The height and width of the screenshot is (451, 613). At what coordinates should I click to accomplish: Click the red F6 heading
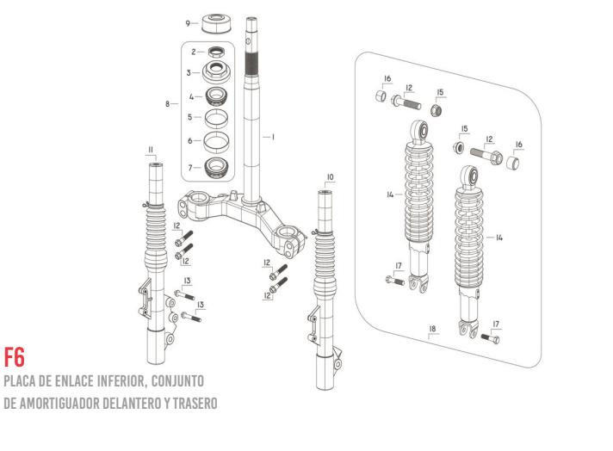(15, 356)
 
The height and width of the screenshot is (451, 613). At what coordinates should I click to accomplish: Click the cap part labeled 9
(216, 23)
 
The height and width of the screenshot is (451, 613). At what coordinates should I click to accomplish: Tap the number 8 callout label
(167, 104)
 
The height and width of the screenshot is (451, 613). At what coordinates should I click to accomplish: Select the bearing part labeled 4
(216, 96)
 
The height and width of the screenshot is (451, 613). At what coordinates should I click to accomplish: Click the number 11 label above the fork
(151, 150)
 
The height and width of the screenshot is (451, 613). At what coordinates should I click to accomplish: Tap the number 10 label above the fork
(331, 177)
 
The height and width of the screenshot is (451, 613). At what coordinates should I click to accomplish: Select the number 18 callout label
(432, 329)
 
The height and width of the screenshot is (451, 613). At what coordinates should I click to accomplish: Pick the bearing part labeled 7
(216, 168)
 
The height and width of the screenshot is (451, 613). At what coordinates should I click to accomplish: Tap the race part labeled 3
(216, 72)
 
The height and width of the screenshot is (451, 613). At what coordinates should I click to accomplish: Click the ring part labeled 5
(216, 119)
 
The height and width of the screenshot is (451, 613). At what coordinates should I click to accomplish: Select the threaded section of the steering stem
(251, 64)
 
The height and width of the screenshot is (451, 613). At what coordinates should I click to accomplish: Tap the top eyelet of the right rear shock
(469, 176)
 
